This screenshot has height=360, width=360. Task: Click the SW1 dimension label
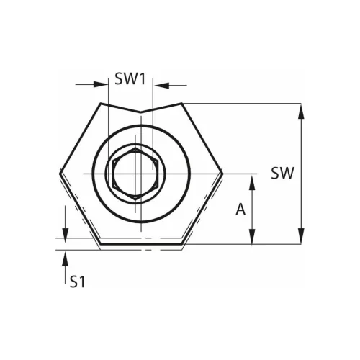tap(130, 79)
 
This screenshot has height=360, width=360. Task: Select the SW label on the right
tap(282, 174)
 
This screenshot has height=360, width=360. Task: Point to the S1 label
tap(78, 282)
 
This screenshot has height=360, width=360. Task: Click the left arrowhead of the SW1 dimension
tap(101, 85)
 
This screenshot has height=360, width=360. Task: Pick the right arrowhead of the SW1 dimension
tap(161, 85)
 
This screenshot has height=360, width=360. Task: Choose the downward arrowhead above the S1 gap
tap(66, 233)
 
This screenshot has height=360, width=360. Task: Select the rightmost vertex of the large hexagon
tap(224, 174)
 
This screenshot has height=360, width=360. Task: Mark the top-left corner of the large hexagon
tap(99, 104)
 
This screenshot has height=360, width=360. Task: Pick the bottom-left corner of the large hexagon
tap(99, 244)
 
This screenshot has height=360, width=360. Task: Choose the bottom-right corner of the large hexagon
tap(184, 244)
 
